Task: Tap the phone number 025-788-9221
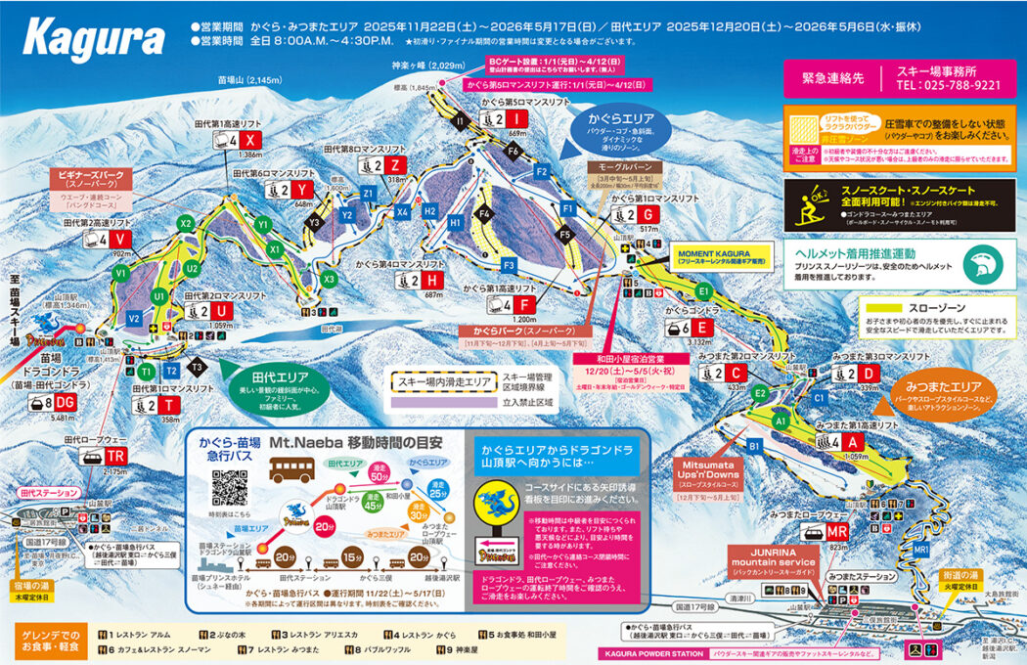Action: point(948,85)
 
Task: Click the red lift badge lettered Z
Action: point(395,164)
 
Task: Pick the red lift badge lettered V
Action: point(119,240)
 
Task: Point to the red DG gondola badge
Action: point(66,402)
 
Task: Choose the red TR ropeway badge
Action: point(116,457)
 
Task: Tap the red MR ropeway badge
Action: point(836,530)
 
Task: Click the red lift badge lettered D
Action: point(868,373)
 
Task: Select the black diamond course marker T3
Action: point(197,367)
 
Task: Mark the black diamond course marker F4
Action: point(482,212)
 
